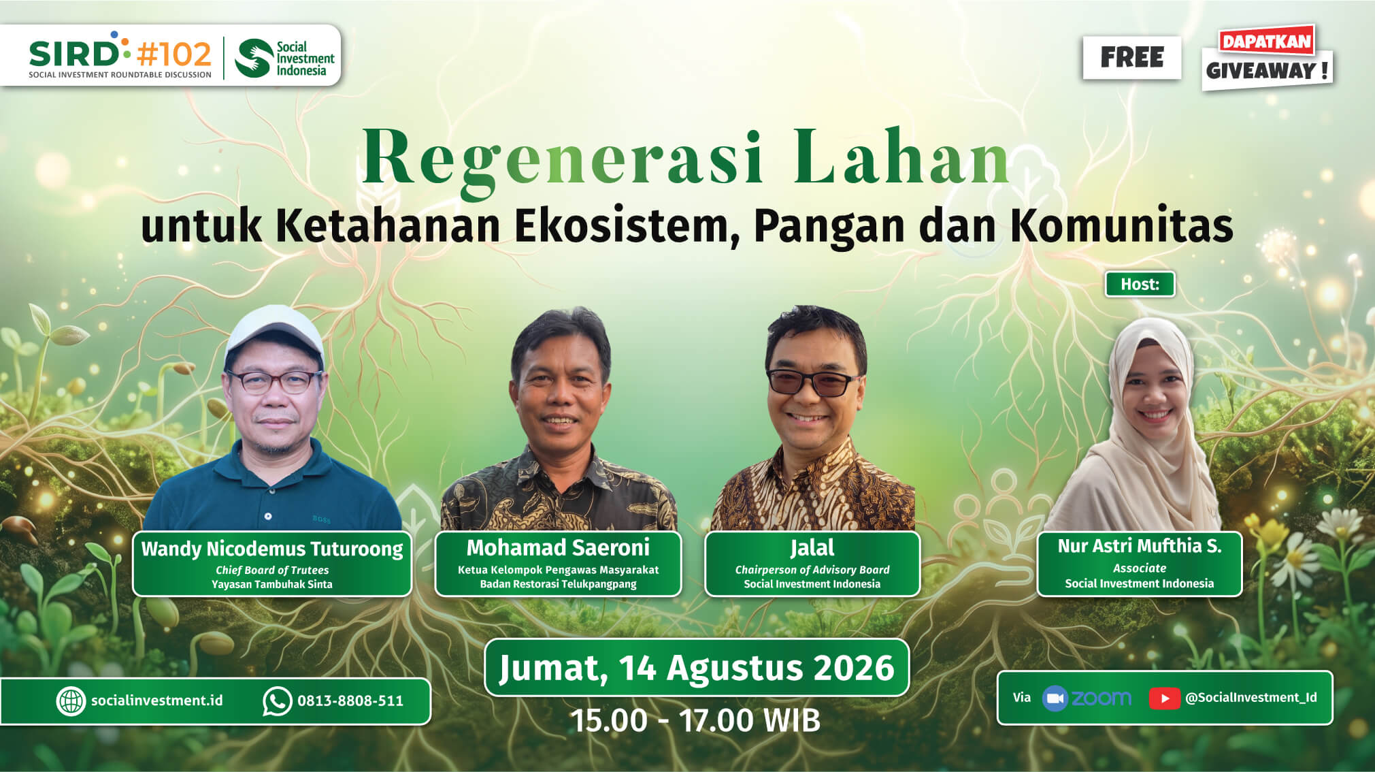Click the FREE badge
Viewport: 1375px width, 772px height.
point(1132,57)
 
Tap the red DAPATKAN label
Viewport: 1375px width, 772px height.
point(1266,42)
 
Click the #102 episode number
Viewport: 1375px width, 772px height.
point(174,53)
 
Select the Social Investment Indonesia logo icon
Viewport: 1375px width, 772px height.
point(253,58)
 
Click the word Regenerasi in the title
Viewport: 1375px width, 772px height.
point(563,158)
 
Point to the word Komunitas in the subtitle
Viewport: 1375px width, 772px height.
point(1122,225)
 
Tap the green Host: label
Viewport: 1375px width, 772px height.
point(1140,284)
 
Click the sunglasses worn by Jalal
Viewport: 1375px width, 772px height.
point(813,383)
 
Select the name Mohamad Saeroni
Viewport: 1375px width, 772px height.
point(558,547)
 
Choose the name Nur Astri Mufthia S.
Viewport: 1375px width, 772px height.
point(1140,546)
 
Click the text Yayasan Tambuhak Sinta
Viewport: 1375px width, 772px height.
point(272,584)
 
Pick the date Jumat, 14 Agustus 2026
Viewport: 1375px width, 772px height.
point(697,668)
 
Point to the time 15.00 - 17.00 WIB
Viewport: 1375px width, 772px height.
point(695,720)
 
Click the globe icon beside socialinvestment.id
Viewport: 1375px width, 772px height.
point(71,701)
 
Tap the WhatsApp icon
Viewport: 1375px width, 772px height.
point(277,701)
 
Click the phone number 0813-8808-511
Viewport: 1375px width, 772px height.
point(350,701)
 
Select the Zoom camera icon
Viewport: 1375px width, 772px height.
point(1055,698)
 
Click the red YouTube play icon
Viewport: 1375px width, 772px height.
point(1164,698)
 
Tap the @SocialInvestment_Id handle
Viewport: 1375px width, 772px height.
point(1251,698)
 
